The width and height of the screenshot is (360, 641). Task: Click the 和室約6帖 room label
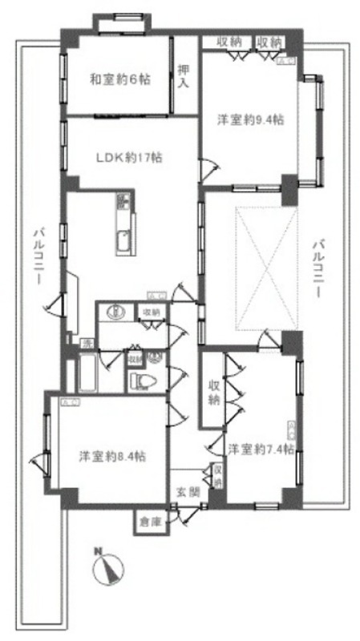(x=119, y=79)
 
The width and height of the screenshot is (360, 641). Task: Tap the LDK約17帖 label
(x=130, y=157)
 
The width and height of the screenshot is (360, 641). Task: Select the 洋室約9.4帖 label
(x=251, y=120)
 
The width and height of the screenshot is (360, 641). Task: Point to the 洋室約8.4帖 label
(x=111, y=457)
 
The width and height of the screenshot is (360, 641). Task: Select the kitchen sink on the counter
(x=123, y=240)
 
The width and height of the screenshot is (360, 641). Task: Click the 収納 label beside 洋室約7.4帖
(x=213, y=392)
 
